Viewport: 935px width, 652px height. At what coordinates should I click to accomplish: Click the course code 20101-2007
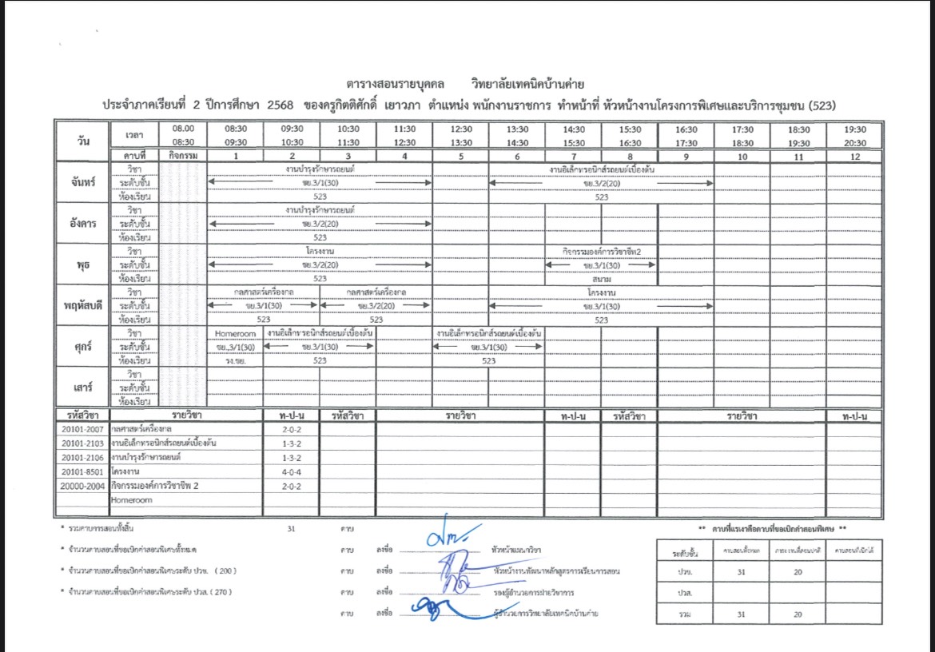83,429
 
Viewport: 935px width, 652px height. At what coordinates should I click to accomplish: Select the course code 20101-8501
83,471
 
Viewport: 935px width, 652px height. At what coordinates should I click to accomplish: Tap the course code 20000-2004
83,486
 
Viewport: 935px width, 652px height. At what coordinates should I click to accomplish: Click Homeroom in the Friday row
236,333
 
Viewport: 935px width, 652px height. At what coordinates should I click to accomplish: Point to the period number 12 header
855,157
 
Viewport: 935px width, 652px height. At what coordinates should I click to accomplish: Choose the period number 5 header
461,157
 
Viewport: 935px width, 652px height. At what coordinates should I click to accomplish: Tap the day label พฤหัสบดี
82,305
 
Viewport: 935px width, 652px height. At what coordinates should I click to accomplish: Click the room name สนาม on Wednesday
602,279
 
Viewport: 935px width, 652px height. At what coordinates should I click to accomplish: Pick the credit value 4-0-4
292,471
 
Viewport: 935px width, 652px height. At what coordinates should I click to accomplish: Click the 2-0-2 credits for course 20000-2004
292,486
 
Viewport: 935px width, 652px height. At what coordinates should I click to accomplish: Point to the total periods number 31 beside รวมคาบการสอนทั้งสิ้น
292,529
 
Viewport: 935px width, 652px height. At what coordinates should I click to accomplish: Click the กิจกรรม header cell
184,157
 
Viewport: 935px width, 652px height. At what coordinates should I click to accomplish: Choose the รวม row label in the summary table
682,614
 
